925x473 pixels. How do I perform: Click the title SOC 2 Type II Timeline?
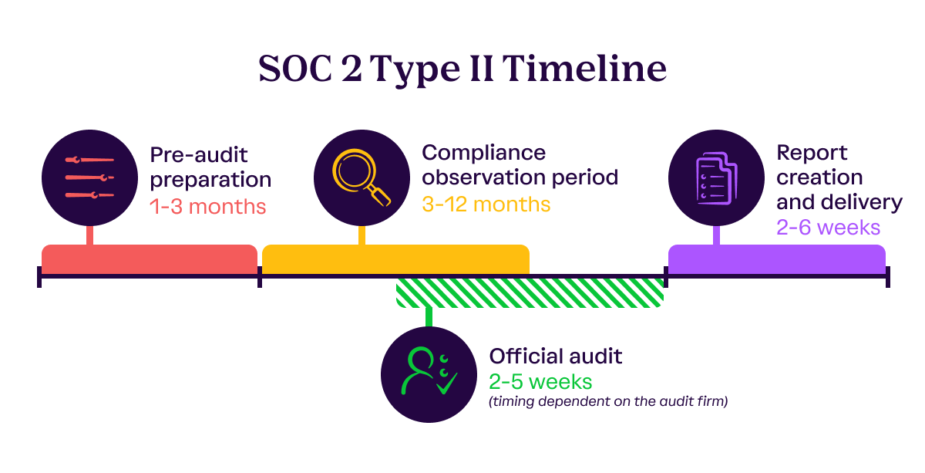[x=462, y=69]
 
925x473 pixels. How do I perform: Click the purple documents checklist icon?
[x=716, y=178]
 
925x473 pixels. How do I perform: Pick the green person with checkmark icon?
[x=429, y=375]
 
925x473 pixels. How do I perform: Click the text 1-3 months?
[x=207, y=207]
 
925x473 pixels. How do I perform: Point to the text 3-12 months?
[x=486, y=204]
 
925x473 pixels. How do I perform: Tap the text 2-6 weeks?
[x=829, y=228]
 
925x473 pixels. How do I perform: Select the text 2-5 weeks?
[x=540, y=381]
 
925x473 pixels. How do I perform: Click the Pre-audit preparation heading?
[x=210, y=167]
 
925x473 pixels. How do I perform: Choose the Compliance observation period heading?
[x=520, y=165]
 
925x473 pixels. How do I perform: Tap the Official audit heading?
[x=555, y=356]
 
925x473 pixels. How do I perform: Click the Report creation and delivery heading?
[x=839, y=177]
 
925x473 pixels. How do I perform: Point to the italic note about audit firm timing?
[x=608, y=401]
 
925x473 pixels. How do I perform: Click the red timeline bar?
[x=149, y=259]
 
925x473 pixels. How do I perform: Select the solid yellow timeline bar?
[x=395, y=259]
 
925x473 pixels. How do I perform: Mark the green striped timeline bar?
[x=530, y=293]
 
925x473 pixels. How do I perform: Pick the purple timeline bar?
[x=776, y=259]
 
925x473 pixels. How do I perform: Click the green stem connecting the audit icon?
[x=429, y=317]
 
